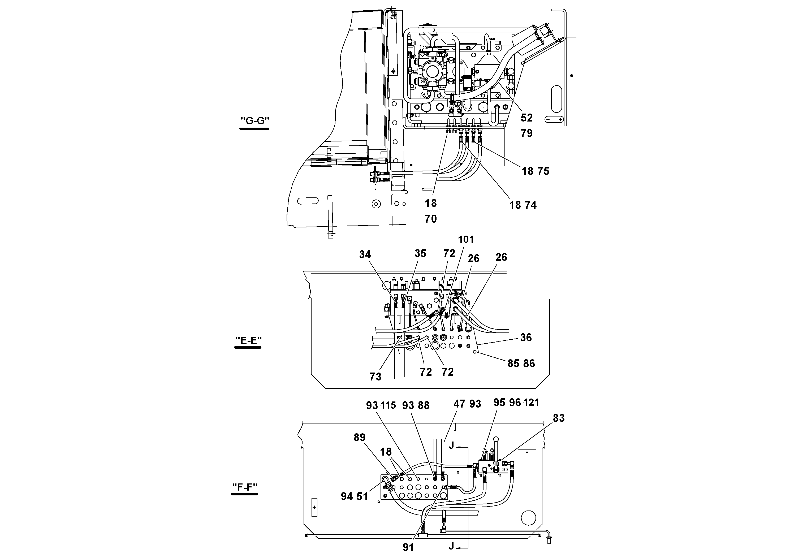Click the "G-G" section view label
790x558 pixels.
254,121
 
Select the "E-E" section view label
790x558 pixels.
248,340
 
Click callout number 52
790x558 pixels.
526,118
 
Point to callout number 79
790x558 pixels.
526,133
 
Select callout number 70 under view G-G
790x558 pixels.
430,219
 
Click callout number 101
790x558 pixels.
466,239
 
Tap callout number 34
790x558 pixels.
365,254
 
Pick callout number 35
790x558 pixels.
420,254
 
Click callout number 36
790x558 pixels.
526,338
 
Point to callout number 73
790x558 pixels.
375,377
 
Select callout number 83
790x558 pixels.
559,418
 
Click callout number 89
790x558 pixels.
360,438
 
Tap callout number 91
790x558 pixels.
408,547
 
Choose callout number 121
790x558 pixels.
531,403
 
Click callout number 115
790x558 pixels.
388,406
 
